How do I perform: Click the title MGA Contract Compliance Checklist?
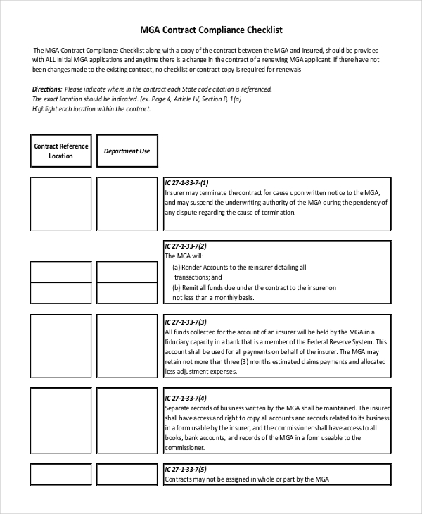(210, 30)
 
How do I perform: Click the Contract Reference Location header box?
(60, 151)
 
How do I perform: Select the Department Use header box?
(127, 151)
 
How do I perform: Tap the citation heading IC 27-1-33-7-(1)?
(186, 182)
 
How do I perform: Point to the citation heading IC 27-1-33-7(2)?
(185, 246)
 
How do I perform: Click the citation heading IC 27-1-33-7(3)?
(185, 322)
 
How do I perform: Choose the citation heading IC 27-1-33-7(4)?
(185, 397)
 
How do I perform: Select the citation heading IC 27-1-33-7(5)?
(185, 469)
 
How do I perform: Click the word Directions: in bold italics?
(47, 89)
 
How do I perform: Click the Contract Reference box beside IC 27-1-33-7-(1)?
(60, 203)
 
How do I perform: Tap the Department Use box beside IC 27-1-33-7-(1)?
(127, 203)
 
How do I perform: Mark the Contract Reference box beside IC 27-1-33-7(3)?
(60, 345)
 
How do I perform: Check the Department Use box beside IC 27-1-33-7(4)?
(127, 420)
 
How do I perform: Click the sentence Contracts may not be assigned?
(246, 479)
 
